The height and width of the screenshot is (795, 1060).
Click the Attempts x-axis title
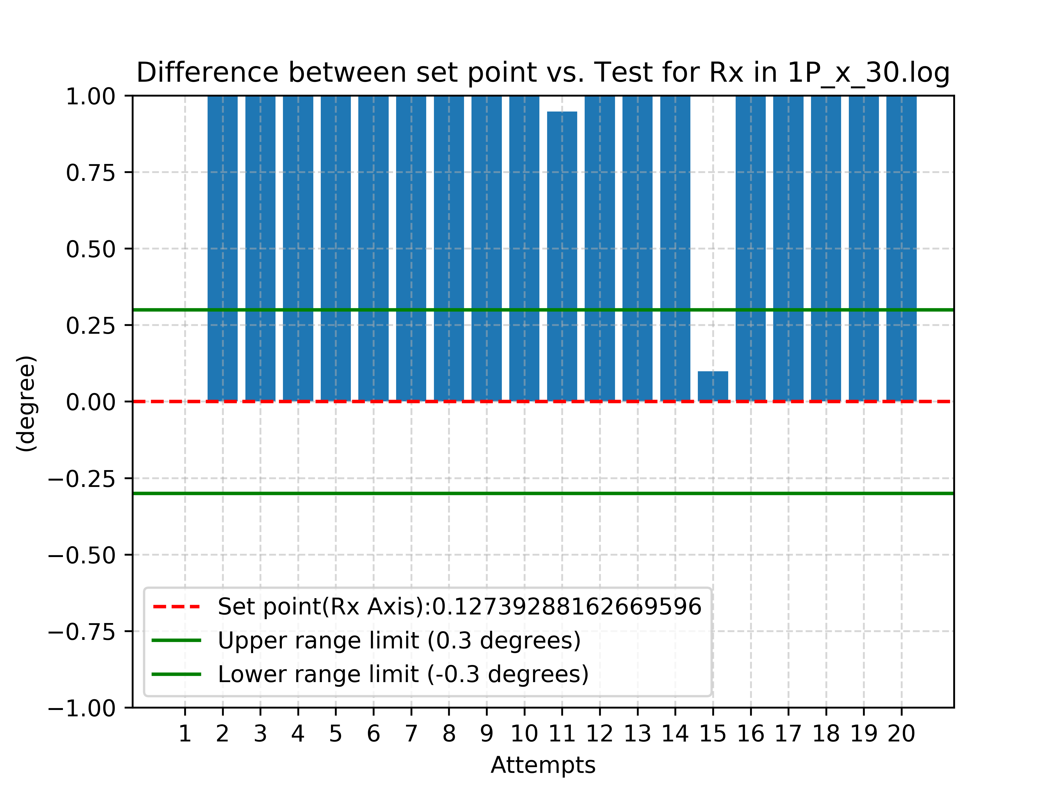click(x=543, y=765)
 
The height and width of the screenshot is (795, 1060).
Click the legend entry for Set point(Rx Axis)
click(x=459, y=607)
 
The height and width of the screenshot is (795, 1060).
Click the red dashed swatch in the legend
click(x=176, y=607)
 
